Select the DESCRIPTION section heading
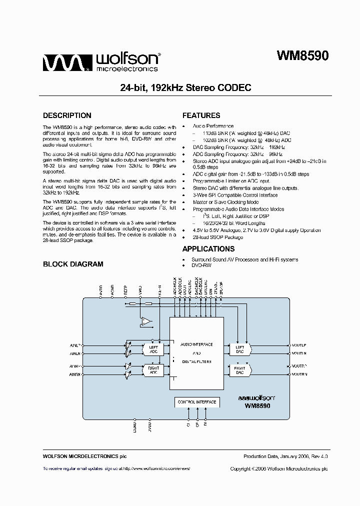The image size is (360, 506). coord(67,115)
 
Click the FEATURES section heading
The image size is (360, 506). coord(201,115)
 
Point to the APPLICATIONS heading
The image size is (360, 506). coord(208,249)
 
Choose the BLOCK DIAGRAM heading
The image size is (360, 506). coord(73,264)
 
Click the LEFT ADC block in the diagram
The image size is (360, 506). coord(153,348)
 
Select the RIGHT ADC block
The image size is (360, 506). coord(153,370)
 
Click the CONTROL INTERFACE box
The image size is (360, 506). coord(196,401)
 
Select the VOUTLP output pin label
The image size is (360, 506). coord(299,345)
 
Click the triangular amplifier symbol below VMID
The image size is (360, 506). coord(146,321)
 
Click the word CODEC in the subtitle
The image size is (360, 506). coord(235,87)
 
